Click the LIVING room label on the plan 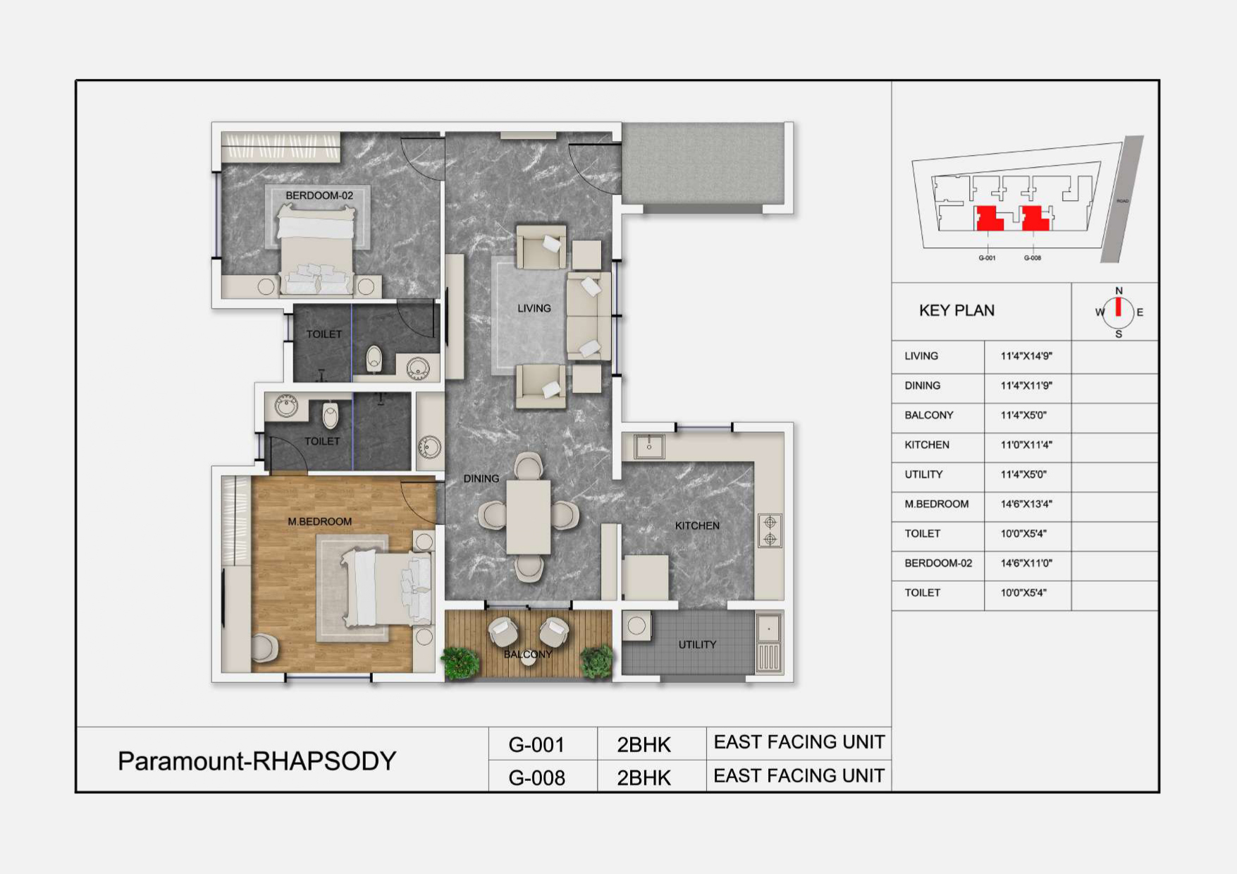(x=534, y=308)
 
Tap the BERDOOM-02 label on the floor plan (x=319, y=195)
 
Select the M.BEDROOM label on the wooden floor (x=319, y=522)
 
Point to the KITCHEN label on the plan (x=697, y=526)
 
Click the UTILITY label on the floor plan (x=697, y=644)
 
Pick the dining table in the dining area (x=529, y=517)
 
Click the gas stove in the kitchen (x=770, y=531)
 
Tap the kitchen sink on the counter (x=648, y=446)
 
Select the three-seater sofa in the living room (x=588, y=317)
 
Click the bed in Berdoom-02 (x=316, y=248)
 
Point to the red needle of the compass (x=1118, y=307)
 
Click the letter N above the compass (x=1119, y=290)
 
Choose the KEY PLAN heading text (x=956, y=311)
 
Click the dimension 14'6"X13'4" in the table (x=1026, y=504)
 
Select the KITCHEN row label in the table (x=927, y=445)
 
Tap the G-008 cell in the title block (x=537, y=777)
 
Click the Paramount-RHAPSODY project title (x=257, y=761)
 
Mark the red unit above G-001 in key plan (x=988, y=218)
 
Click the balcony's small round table (x=529, y=661)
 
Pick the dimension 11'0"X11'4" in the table (x=1026, y=445)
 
